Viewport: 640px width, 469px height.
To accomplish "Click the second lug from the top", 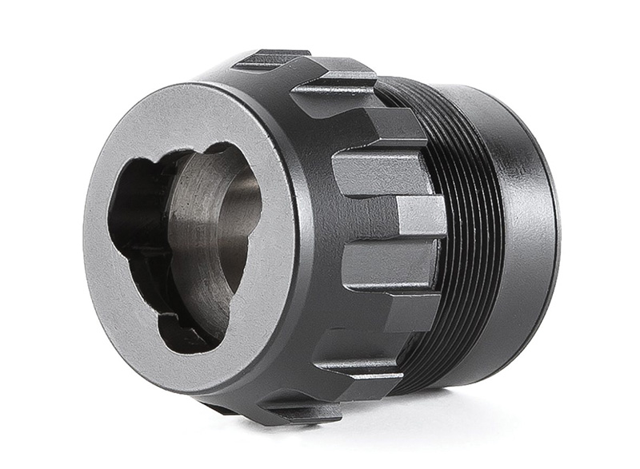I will pyautogui.click(x=336, y=83).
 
